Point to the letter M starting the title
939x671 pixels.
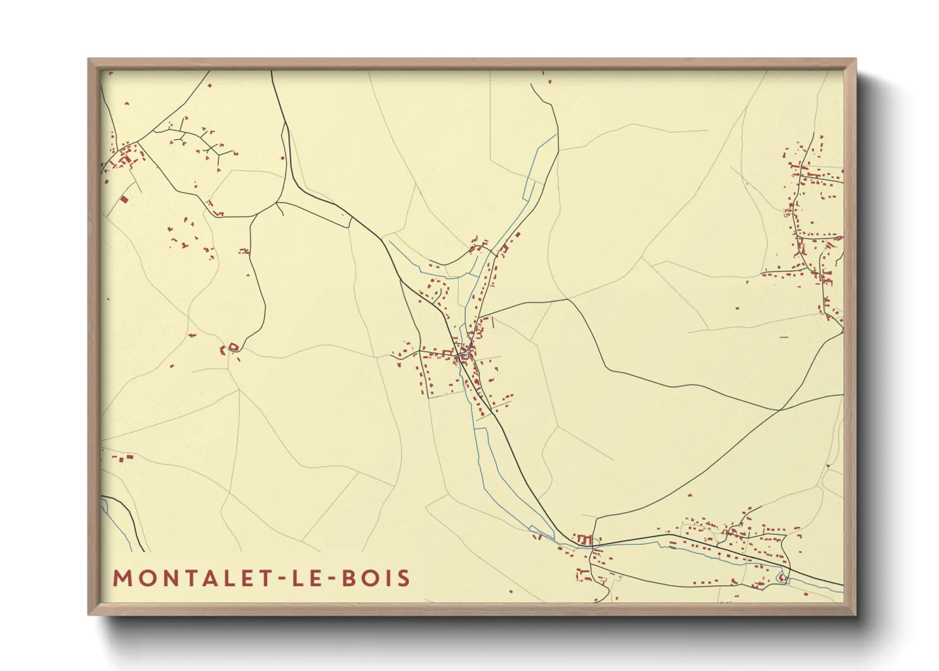point(122,578)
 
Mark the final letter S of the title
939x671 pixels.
point(404,578)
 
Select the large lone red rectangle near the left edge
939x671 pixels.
point(124,199)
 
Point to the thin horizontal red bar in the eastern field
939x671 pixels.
point(784,337)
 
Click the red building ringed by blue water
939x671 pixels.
point(782,577)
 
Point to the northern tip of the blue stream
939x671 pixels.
point(556,134)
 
